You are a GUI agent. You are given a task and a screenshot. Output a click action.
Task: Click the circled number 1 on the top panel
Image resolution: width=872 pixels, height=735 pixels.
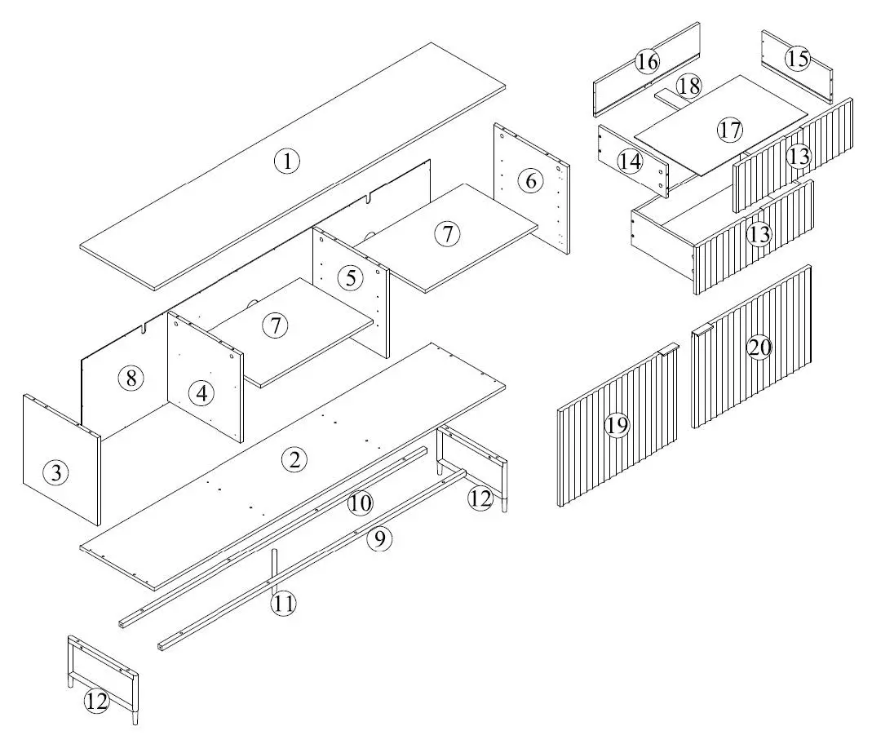tap(286, 162)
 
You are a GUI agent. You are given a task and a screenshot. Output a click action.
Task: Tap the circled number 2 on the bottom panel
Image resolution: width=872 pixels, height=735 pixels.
tap(294, 459)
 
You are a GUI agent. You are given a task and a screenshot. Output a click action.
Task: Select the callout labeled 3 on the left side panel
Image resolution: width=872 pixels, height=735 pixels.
tap(55, 472)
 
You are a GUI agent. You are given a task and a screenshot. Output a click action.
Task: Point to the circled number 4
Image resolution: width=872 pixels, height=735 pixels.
tap(201, 393)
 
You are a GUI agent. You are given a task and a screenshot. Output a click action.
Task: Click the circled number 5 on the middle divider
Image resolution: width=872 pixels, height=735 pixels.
tap(351, 277)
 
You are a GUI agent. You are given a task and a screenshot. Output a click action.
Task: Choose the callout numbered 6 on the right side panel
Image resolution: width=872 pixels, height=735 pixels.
tap(531, 180)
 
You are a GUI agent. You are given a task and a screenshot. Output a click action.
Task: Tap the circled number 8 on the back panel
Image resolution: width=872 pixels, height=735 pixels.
tap(130, 378)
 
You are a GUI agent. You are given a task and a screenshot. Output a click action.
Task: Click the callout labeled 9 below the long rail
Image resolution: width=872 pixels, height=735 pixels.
tap(379, 538)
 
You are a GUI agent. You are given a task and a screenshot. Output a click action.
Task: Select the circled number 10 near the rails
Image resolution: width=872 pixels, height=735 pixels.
tap(360, 503)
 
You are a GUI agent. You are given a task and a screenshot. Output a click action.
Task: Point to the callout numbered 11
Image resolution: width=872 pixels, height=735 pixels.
tap(284, 604)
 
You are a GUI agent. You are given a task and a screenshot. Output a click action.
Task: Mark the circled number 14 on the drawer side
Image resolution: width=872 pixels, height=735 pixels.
tap(629, 161)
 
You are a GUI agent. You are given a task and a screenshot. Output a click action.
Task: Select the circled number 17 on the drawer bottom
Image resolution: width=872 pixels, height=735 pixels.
tap(729, 129)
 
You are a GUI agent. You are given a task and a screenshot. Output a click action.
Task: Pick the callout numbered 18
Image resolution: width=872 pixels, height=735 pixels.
tap(688, 85)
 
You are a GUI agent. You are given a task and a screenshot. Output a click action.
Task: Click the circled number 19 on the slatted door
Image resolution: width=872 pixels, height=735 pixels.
tap(617, 424)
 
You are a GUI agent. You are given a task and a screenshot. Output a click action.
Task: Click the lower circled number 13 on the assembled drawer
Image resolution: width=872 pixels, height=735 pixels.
tap(759, 236)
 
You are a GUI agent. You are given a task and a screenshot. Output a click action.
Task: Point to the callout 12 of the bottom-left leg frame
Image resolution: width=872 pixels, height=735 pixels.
tap(97, 702)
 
